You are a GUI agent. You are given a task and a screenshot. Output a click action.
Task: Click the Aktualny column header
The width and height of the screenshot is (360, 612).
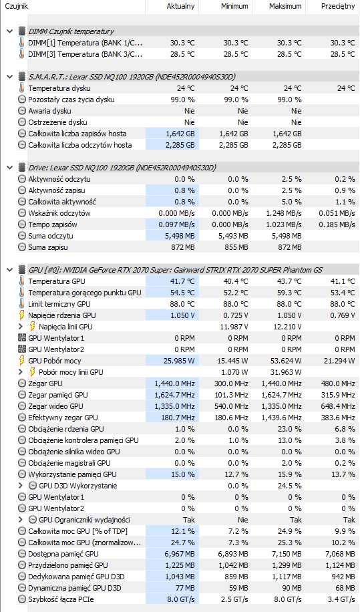tap(180, 6)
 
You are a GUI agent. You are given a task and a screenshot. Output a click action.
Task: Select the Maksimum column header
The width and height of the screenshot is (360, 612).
tap(285, 6)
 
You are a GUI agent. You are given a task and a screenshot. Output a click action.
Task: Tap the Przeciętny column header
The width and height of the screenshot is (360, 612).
tap(338, 6)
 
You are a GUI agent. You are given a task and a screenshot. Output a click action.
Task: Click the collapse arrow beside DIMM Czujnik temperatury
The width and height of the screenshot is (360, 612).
tap(10, 31)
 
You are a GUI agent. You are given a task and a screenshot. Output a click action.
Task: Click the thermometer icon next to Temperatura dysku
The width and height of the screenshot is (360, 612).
tap(21, 88)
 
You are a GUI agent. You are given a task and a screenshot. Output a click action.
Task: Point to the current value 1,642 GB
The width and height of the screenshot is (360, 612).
tap(180, 134)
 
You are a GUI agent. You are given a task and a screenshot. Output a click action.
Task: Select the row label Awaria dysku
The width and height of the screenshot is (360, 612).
tap(49, 111)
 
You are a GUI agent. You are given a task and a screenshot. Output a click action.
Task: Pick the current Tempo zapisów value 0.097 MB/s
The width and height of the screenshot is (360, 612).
tap(176, 224)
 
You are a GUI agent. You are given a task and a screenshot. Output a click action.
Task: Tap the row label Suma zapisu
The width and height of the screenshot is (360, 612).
tap(47, 247)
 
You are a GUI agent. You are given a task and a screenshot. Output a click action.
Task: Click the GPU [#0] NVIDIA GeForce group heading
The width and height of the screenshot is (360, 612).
tap(175, 270)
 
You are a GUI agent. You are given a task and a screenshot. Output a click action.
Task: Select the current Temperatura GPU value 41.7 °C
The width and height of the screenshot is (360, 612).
tap(182, 281)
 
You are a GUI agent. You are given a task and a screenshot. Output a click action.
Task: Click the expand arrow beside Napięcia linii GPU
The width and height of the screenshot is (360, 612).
tap(21, 327)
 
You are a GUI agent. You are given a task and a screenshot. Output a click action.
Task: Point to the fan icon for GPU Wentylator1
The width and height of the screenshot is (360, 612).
tap(22, 338)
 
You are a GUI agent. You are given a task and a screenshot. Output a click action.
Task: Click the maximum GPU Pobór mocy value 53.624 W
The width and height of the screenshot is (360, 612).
tap(286, 361)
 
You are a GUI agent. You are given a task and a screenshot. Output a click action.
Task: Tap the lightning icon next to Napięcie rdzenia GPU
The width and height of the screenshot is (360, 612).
tap(22, 315)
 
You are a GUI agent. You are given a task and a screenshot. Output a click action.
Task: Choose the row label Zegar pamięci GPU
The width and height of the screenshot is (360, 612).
tap(57, 395)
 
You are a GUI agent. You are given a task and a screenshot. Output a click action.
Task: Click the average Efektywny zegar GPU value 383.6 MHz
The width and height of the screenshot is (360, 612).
tap(338, 418)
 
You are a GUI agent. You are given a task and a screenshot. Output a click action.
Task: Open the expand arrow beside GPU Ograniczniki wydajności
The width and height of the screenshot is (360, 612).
tap(21, 520)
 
